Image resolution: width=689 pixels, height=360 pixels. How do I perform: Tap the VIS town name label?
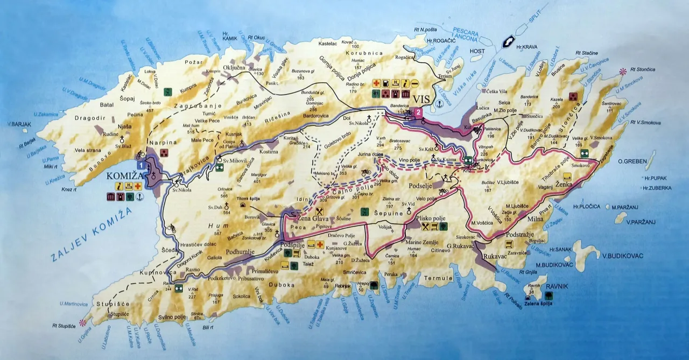tap(423, 100)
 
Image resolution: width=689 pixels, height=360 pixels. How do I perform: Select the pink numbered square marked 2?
tap(418, 112)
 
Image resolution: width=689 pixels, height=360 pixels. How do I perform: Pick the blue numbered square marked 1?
tap(140, 165)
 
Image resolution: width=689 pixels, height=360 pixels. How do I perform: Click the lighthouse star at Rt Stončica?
tap(623, 71)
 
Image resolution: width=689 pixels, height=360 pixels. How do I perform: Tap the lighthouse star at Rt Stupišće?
tap(82, 323)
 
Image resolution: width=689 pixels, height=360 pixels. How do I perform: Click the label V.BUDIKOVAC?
tap(623, 256)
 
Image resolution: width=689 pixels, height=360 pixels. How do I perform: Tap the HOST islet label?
tap(477, 51)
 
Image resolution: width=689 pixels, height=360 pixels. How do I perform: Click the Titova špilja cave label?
tap(249, 197)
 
